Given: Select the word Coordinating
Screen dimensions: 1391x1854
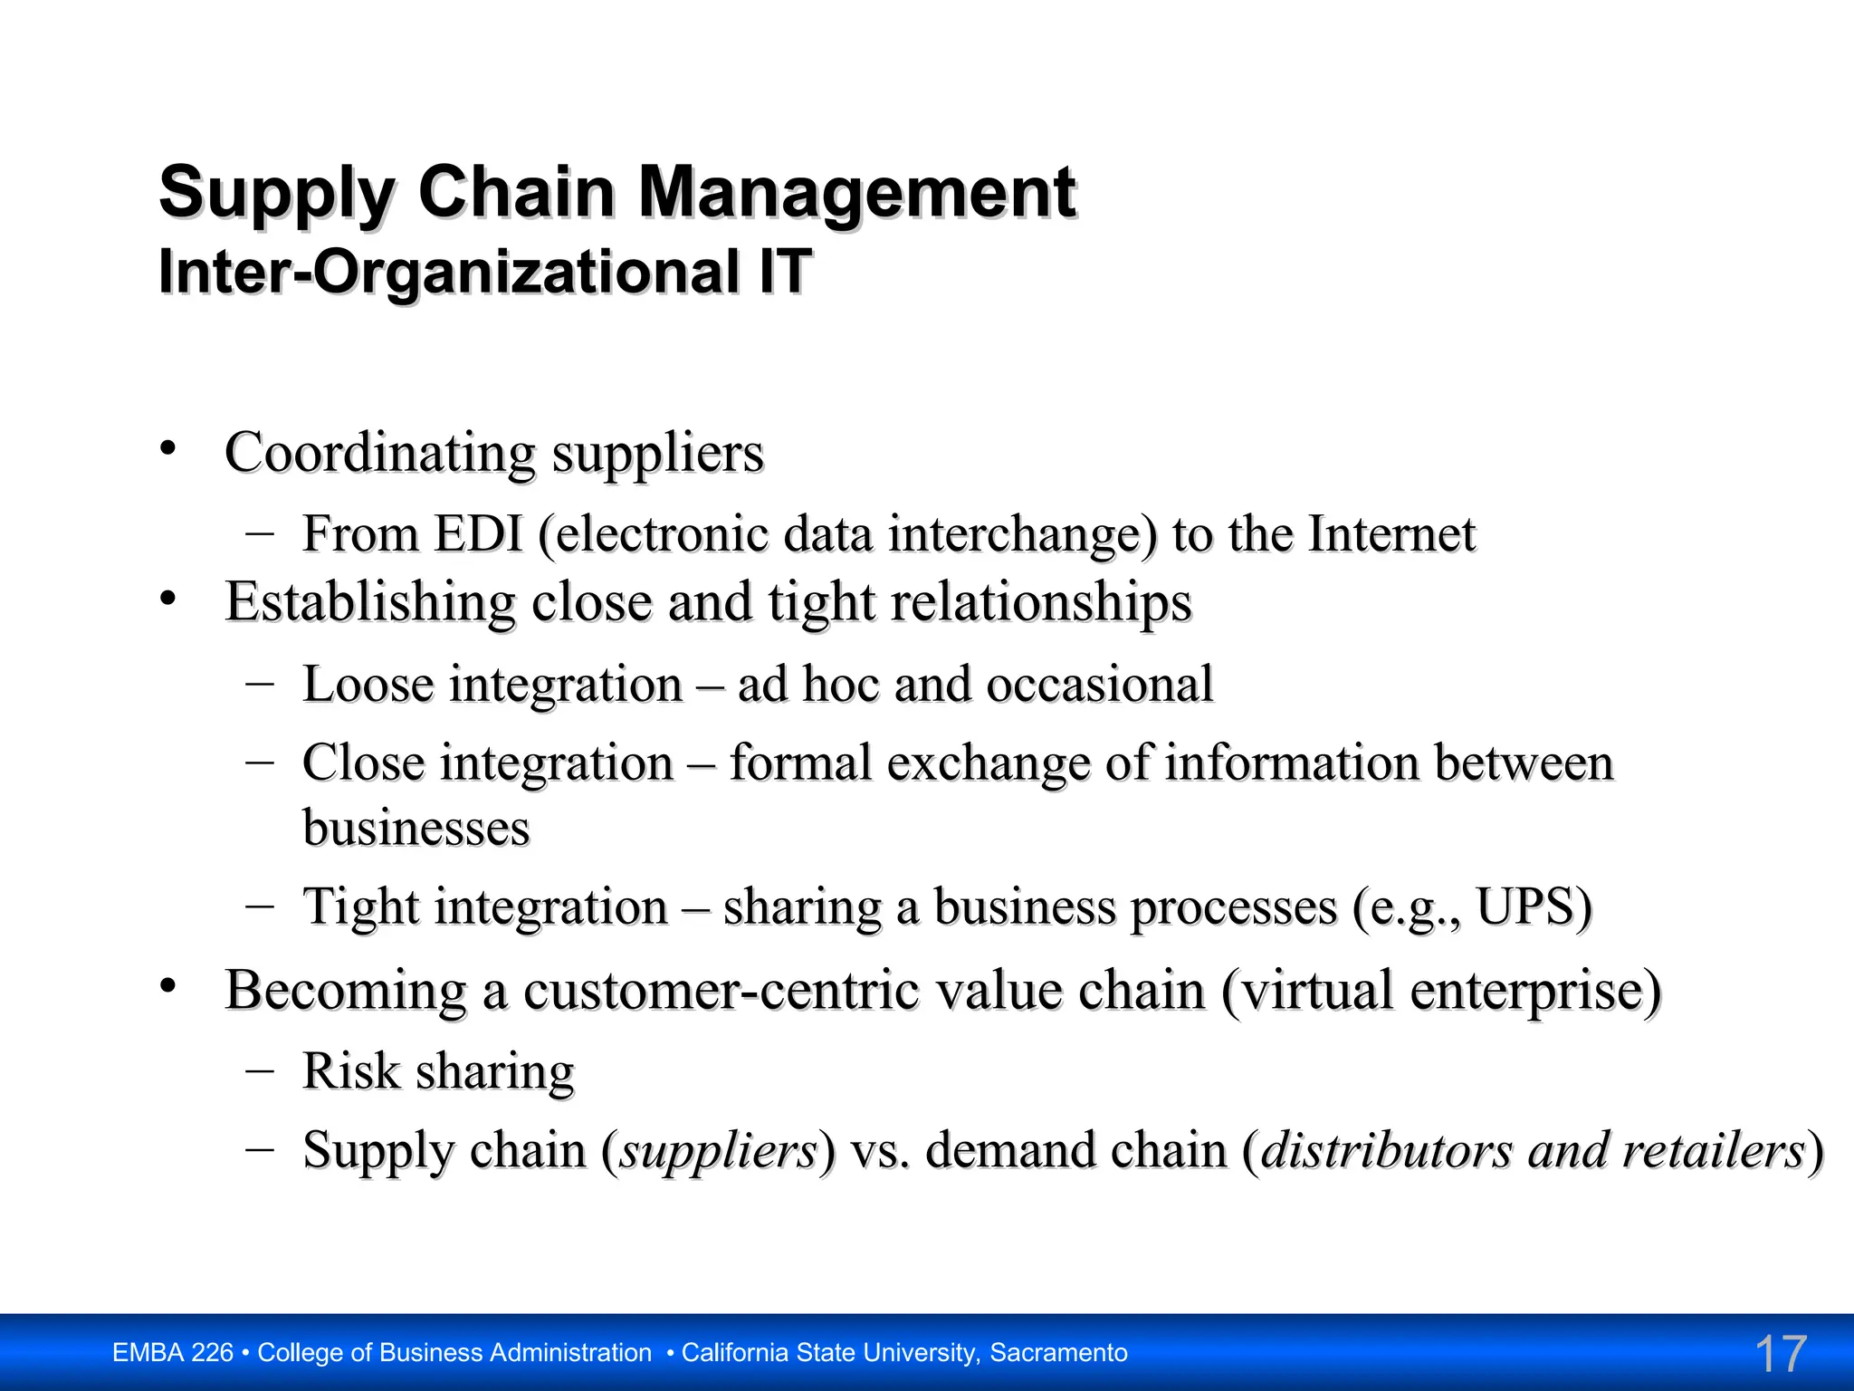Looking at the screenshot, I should coord(379,453).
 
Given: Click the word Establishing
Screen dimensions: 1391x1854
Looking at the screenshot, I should coord(370,602).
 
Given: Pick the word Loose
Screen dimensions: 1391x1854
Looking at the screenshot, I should coord(368,684).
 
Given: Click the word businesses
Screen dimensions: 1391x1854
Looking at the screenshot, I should coord(416,828).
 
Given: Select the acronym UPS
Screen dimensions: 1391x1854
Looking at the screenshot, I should coord(1525,907).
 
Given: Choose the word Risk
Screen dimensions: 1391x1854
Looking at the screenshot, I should coord(350,1071).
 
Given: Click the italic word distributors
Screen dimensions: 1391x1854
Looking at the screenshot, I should coord(1386,1151).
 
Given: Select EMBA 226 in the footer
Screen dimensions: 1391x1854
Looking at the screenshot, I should coord(173,1353).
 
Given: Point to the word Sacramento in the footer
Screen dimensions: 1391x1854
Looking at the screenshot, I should coord(1058,1353).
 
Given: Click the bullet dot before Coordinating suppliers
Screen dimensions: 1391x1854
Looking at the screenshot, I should coord(167,448).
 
